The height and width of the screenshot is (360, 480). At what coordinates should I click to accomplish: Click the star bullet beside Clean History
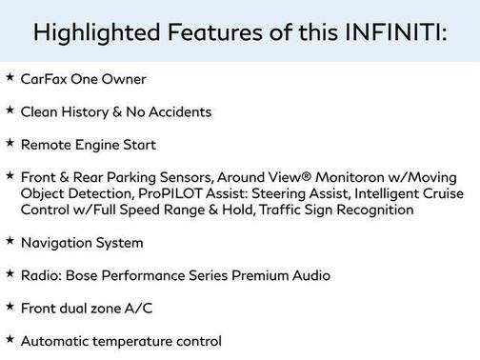click(x=10, y=110)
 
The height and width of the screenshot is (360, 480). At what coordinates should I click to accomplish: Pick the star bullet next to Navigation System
click(x=10, y=241)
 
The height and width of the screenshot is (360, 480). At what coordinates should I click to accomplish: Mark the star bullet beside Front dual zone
click(x=10, y=306)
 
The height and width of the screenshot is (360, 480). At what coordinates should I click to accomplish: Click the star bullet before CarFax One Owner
click(x=10, y=78)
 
